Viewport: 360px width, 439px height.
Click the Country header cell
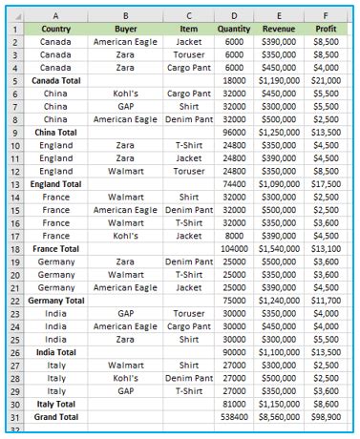pyautogui.click(x=56, y=30)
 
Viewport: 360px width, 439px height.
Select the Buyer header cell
pyautogui.click(x=125, y=30)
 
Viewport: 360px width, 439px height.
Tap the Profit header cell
pyautogui.click(x=326, y=30)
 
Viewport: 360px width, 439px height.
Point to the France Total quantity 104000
pyautogui.click(x=234, y=247)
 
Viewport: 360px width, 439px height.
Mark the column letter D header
pyautogui.click(x=234, y=16)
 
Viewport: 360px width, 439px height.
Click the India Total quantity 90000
pyautogui.click(x=234, y=351)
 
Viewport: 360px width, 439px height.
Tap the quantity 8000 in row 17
pyautogui.click(x=234, y=235)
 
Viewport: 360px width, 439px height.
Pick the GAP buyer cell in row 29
pyautogui.click(x=125, y=389)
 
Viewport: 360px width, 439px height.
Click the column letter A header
pyautogui.click(x=56, y=16)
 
